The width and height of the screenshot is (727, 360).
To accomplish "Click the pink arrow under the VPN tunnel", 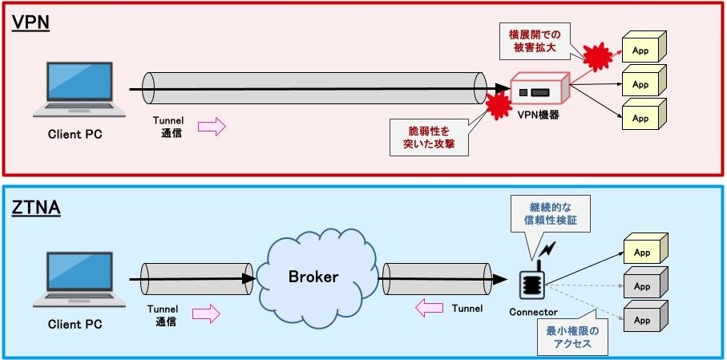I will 212,126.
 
